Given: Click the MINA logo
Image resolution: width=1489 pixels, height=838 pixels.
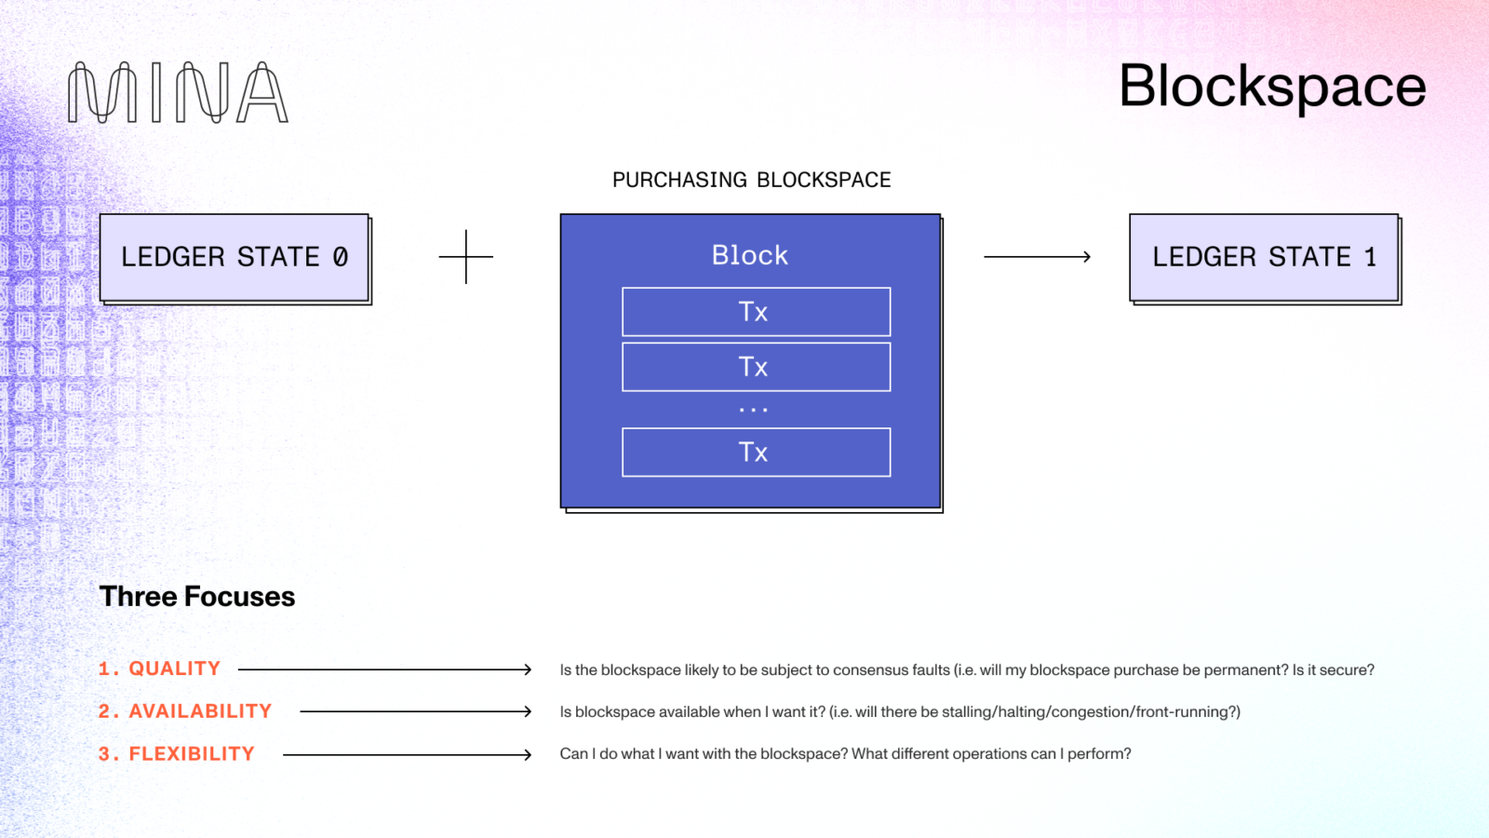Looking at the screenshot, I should (178, 93).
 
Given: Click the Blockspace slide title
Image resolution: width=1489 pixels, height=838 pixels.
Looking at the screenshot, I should (1271, 87).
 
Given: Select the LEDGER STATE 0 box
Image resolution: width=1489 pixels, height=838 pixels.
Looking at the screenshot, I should (235, 257).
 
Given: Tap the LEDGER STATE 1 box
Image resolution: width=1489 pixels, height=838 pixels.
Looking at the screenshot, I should (1264, 257).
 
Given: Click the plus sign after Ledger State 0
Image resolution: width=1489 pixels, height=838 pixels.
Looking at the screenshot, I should (465, 257).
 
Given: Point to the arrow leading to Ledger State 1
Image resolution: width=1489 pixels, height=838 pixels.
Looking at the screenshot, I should (1037, 256).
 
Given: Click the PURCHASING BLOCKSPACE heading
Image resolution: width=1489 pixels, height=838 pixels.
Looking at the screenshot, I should (751, 180).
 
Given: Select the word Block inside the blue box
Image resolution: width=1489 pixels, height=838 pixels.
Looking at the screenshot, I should (749, 255).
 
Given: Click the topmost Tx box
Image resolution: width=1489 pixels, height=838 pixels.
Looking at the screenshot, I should (756, 312).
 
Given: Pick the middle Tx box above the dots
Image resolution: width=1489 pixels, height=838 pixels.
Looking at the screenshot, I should (756, 367).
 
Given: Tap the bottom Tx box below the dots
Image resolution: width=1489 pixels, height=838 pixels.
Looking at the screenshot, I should (756, 453).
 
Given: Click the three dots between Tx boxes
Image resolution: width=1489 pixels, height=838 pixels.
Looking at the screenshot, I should (753, 410).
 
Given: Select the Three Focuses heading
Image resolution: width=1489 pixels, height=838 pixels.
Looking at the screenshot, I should (197, 597).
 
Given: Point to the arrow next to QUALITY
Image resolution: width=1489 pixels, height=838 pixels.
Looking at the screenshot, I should (384, 669).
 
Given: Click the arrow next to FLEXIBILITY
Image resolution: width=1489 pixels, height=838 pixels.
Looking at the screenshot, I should (407, 754).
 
